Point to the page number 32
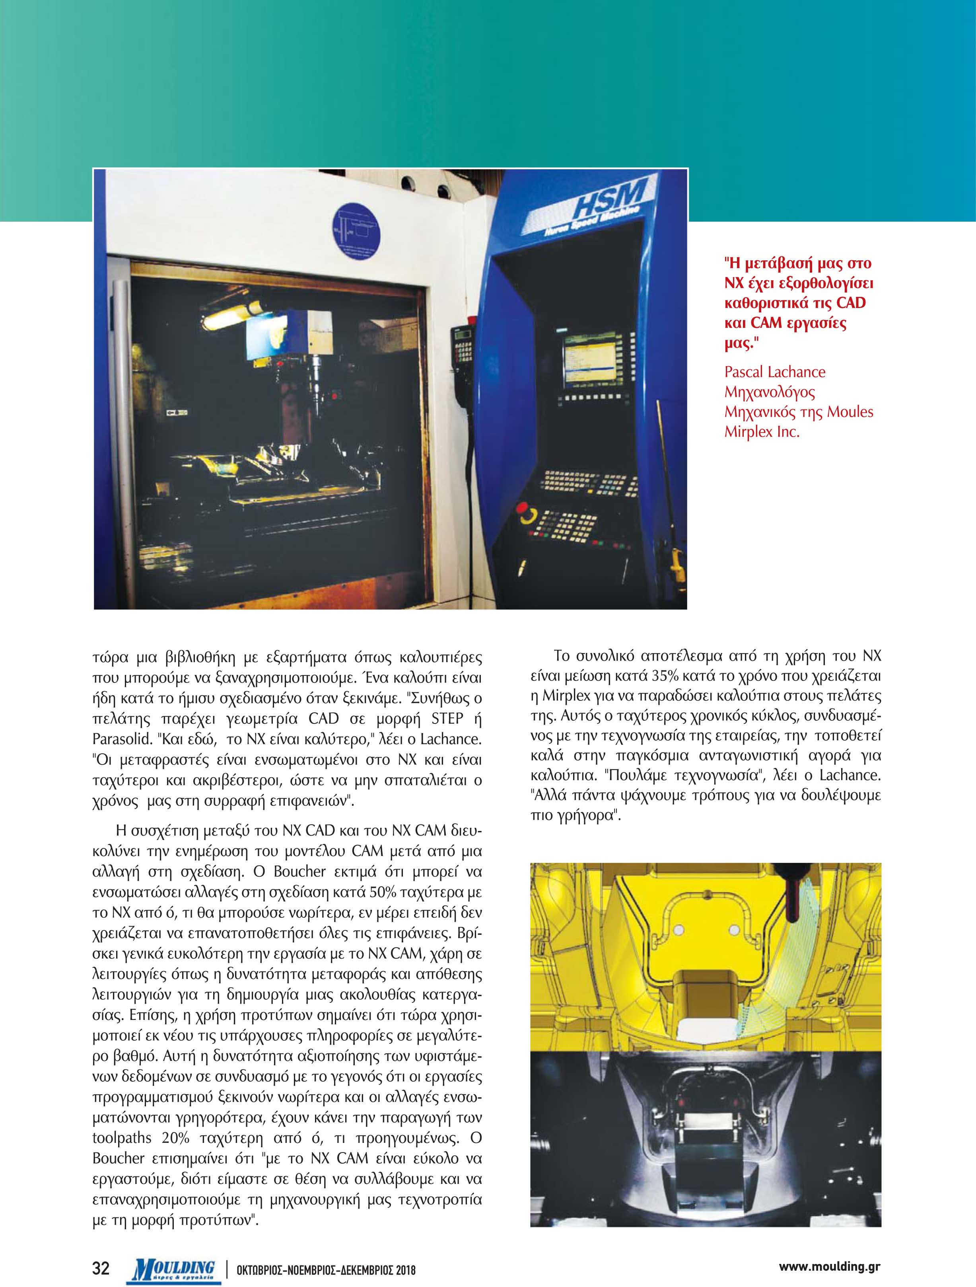(102, 1266)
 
